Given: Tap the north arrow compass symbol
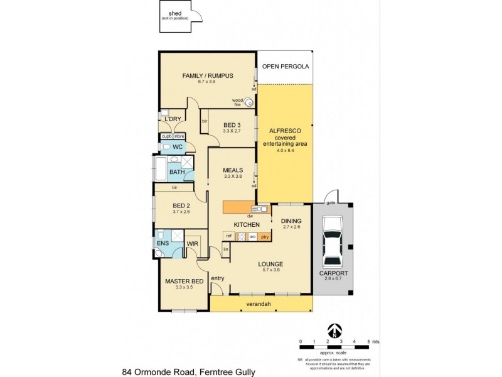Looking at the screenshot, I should click(336, 331).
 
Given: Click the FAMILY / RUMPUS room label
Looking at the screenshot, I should click(208, 76).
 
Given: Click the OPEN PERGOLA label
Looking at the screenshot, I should click(286, 65).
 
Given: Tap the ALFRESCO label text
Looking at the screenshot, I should click(286, 130).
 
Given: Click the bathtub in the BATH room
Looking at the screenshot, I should click(159, 170).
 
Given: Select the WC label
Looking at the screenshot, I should click(177, 147).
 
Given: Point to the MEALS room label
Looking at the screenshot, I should click(233, 170).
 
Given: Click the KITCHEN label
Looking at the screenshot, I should click(247, 224).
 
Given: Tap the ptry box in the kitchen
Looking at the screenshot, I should click(265, 237).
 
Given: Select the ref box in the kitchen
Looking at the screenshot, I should click(229, 237).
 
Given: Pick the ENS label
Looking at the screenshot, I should click(163, 243).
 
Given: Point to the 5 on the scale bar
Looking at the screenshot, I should click(369, 341).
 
